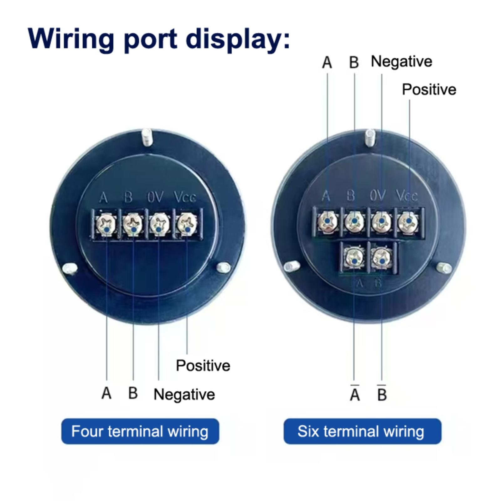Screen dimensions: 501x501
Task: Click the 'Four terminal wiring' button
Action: [140, 431]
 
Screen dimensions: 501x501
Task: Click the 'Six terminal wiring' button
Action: [362, 431]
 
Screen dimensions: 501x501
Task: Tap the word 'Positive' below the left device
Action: [203, 365]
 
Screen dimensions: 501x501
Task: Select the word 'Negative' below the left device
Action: [184, 394]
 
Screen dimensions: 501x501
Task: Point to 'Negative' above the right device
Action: [401, 61]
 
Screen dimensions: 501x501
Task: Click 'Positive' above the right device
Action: [429, 90]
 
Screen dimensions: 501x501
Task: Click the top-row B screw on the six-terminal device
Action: [354, 221]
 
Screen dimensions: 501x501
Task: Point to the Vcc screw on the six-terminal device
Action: [408, 221]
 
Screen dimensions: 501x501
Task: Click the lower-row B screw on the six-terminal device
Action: [382, 258]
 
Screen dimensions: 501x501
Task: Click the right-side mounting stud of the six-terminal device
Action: [445, 268]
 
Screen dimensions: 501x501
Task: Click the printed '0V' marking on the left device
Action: [155, 197]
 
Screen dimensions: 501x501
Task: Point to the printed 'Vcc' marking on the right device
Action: [407, 196]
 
